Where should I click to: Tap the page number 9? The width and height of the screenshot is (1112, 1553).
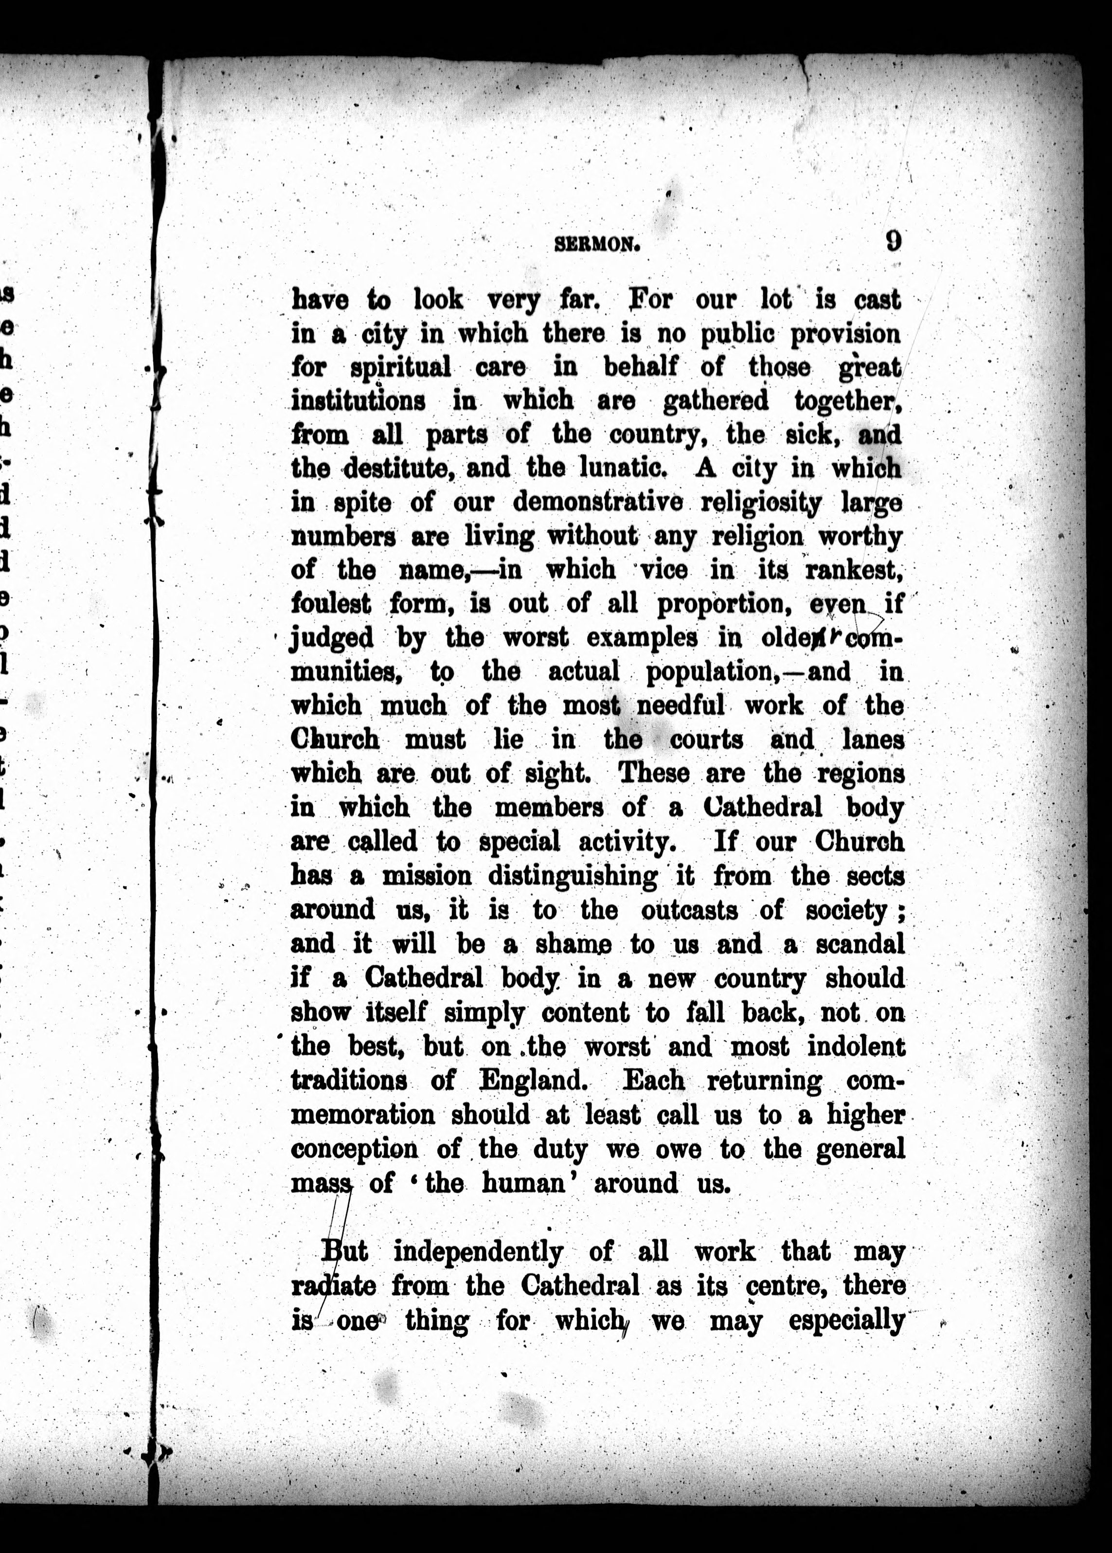point(893,241)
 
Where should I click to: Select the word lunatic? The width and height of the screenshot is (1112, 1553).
point(623,469)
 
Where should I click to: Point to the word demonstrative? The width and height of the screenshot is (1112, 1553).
point(598,502)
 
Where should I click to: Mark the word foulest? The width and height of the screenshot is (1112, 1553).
point(331,604)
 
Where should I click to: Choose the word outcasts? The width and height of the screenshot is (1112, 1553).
point(689,910)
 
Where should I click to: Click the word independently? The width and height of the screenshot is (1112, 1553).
point(478,1252)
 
